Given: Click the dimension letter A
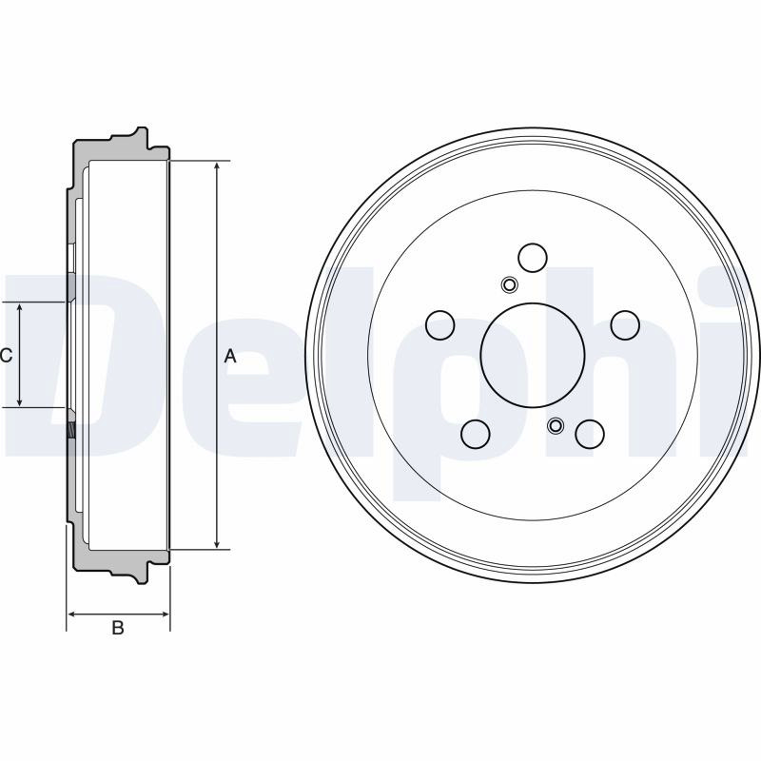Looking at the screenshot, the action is click(x=230, y=356).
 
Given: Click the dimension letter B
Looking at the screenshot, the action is click(x=118, y=627).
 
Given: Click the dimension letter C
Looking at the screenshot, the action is click(x=6, y=356).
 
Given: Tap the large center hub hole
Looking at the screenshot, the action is click(x=533, y=355).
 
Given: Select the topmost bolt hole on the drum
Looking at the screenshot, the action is click(x=533, y=258).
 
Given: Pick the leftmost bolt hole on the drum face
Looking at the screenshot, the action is click(x=440, y=324).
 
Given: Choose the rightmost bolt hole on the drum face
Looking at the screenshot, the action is click(x=625, y=325).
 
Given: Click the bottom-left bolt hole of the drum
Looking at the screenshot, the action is click(x=476, y=434).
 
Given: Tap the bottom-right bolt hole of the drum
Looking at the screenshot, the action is click(x=590, y=434).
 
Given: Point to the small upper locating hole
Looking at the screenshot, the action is click(x=509, y=284).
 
